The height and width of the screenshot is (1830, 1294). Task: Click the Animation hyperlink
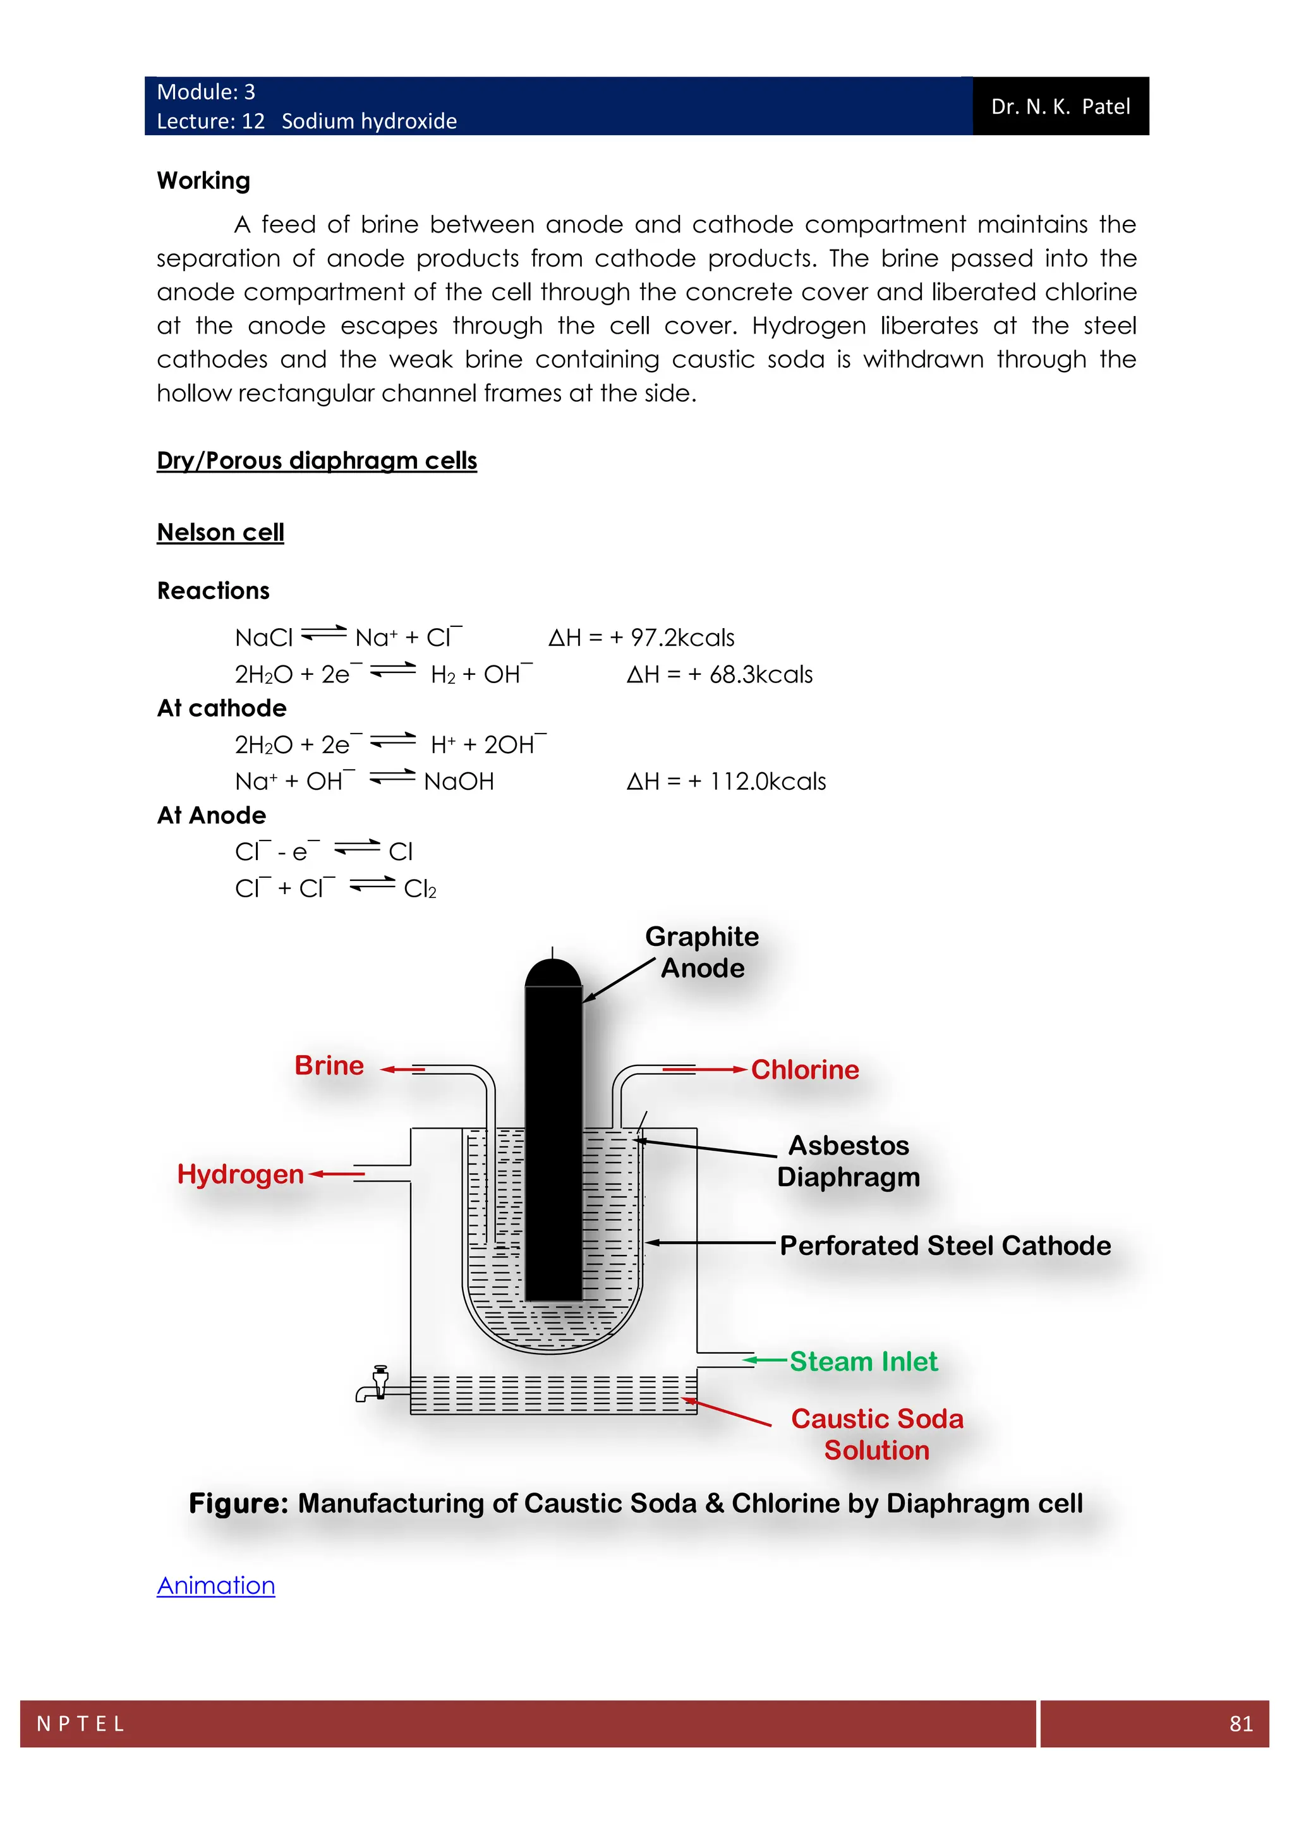tap(216, 1585)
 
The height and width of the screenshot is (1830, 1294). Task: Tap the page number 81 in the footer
tap(1241, 1724)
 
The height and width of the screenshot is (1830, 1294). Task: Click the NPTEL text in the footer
tap(80, 1724)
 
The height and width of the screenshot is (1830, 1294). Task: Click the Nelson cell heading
tap(220, 533)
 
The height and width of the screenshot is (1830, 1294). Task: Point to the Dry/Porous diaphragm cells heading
tap(317, 461)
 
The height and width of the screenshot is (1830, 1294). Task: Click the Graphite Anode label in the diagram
tap(702, 952)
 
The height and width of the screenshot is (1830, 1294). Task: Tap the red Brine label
tap(329, 1065)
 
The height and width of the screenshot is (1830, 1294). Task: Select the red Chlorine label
tap(805, 1070)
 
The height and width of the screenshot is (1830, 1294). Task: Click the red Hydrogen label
tap(240, 1174)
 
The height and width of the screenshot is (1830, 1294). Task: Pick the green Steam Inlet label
tap(863, 1361)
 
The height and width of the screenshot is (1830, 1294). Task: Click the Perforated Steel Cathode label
tap(945, 1245)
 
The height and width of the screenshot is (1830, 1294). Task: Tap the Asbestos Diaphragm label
tap(849, 1161)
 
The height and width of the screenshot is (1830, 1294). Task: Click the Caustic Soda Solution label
tap(876, 1434)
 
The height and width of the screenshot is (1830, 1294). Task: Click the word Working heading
tap(204, 181)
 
